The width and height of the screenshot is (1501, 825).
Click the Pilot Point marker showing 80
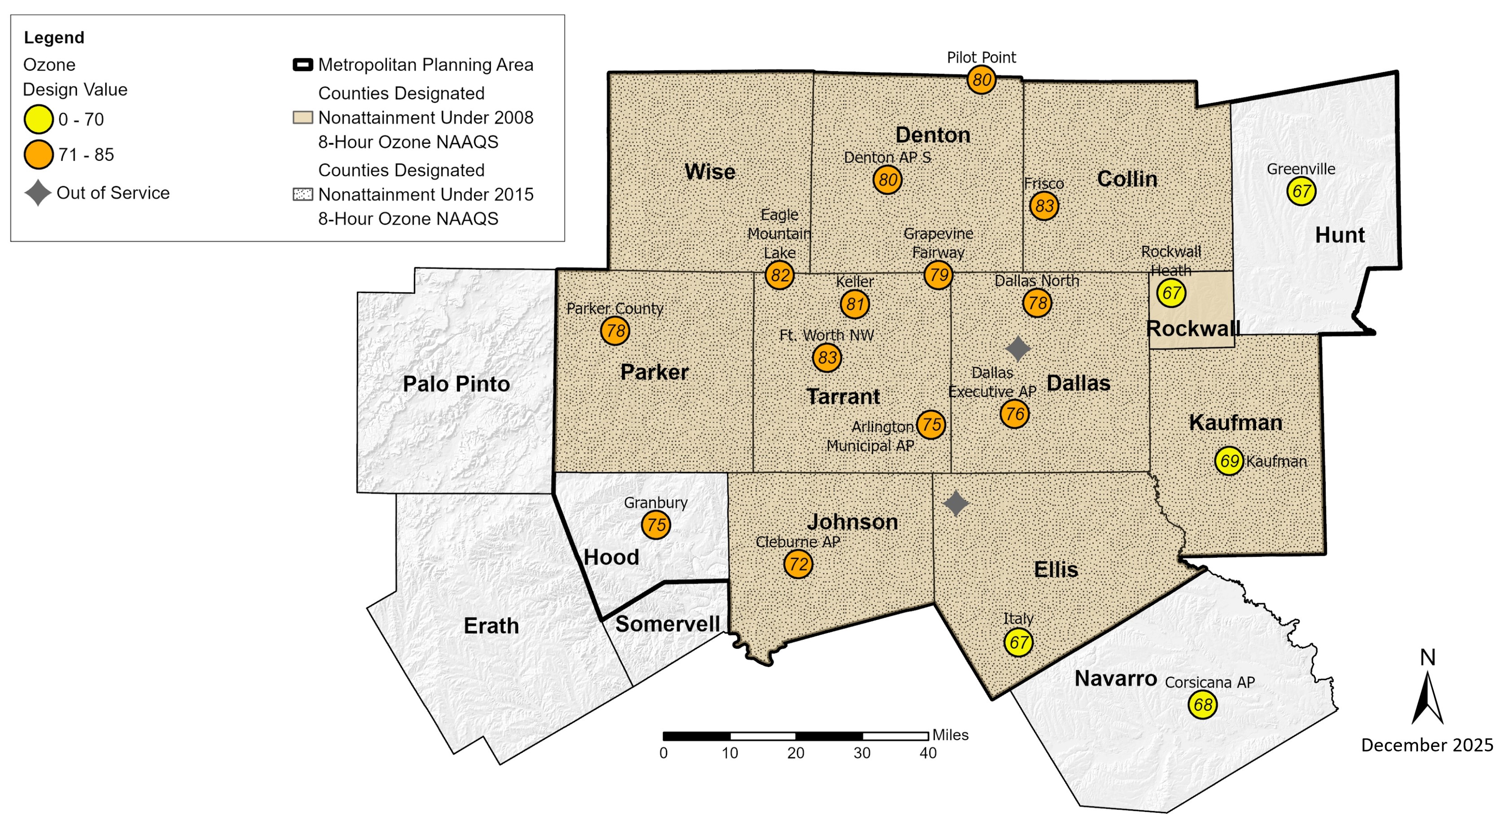(x=981, y=80)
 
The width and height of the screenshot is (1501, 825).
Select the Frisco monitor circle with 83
(x=1044, y=206)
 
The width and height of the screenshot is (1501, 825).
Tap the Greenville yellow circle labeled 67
(x=1301, y=191)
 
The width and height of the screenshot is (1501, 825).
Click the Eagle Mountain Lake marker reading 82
(x=779, y=275)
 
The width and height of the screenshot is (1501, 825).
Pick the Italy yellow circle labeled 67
(x=1018, y=643)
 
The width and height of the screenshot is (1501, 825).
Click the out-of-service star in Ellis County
(x=956, y=504)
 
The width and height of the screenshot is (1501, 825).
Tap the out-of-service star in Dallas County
(x=1018, y=348)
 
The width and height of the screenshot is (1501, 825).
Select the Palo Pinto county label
(x=456, y=384)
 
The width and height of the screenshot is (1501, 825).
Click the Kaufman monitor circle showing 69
(x=1229, y=461)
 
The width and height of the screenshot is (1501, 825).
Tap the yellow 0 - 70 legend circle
(x=39, y=119)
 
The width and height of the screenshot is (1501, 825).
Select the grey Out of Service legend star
(x=38, y=193)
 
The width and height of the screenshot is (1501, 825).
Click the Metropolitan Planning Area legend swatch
(x=302, y=65)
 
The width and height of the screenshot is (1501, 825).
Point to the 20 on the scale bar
(x=796, y=753)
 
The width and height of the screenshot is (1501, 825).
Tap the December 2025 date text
(x=1427, y=745)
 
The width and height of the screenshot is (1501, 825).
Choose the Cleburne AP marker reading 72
(x=798, y=564)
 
